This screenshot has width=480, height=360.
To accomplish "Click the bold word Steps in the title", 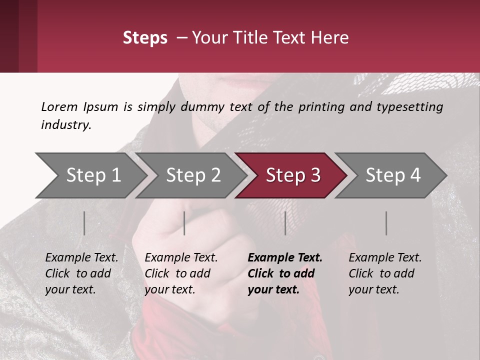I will click(145, 38).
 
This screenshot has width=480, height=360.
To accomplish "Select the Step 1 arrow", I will click(90, 175).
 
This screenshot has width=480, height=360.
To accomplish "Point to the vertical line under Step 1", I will click(84, 223).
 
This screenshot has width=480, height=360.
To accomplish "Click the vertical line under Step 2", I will click(184, 223).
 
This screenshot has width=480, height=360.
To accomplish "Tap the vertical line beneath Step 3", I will click(285, 223).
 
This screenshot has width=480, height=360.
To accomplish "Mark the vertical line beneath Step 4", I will click(386, 223).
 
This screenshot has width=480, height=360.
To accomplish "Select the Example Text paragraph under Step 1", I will click(81, 273).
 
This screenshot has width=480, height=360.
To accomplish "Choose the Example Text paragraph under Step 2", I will click(181, 273).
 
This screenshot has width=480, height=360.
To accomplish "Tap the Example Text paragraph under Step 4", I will click(384, 273).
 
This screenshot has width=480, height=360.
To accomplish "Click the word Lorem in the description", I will click(59, 106).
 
